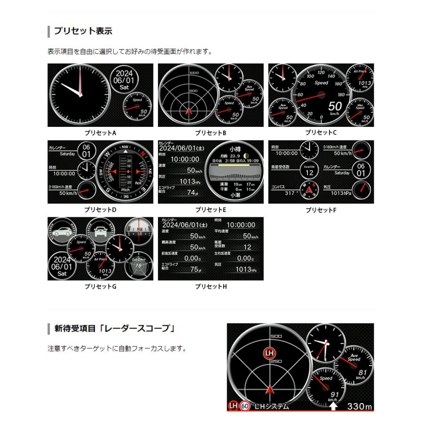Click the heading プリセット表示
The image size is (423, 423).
pos(83,31)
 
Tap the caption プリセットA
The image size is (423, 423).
pos(101,133)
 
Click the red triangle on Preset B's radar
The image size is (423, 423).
pos(188,112)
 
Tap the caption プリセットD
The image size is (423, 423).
pos(101,210)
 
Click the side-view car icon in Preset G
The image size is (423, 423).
pos(62,231)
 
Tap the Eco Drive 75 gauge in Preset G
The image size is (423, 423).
pos(139,266)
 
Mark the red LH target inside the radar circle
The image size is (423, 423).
pos(269,353)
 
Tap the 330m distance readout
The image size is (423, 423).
pos(360,406)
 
